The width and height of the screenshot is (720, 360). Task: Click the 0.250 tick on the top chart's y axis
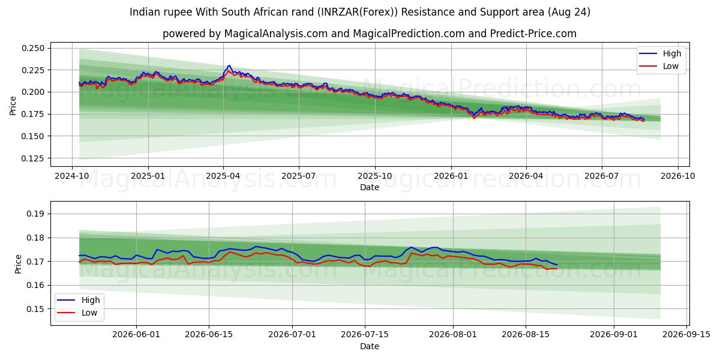[x=33, y=48]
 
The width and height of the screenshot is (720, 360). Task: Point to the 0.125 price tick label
[x=33, y=158]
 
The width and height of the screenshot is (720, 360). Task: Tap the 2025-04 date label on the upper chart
[x=223, y=176]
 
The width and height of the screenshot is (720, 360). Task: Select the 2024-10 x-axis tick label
[x=71, y=176]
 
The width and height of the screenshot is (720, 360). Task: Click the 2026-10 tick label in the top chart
[x=678, y=176]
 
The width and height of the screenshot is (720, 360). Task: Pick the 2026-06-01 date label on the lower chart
[x=136, y=335]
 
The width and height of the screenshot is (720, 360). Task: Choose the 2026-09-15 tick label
[x=686, y=335]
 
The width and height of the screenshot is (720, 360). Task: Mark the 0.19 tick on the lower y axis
[x=35, y=214]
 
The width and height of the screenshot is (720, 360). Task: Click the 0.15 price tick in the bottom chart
[x=35, y=309]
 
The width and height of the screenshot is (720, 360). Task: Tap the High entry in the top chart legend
[x=672, y=53]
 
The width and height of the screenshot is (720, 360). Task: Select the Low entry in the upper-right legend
[x=671, y=66]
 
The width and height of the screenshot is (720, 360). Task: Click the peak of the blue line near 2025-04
[x=229, y=65]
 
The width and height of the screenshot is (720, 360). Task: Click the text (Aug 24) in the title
[x=569, y=12]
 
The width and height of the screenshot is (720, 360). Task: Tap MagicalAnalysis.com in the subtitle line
[x=276, y=34]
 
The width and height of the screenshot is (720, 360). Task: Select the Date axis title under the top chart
[x=370, y=187]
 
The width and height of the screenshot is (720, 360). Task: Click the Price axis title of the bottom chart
[x=19, y=264]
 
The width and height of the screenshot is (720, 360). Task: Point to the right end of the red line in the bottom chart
[x=557, y=269]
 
